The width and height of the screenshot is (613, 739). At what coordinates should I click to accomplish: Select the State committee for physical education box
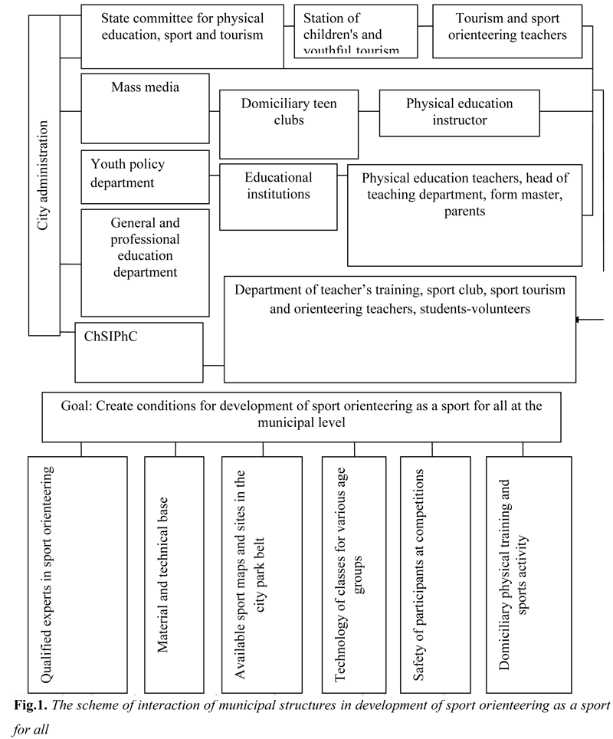tap(183, 36)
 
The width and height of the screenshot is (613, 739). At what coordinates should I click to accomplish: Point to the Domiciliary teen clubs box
tap(289, 124)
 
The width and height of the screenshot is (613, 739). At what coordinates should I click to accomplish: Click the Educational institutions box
tap(278, 196)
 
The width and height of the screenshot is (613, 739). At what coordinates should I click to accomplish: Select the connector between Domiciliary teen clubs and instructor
tap(369, 111)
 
